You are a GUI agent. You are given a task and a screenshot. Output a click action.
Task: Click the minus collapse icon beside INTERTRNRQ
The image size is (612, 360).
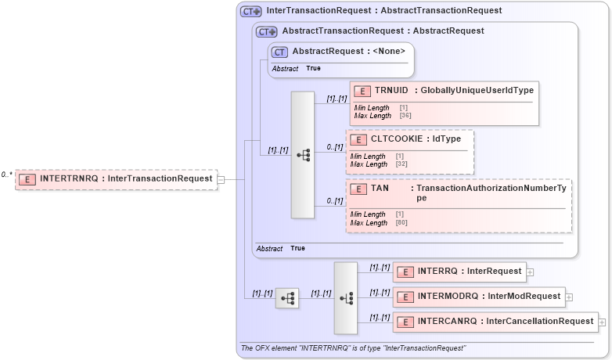[221, 179]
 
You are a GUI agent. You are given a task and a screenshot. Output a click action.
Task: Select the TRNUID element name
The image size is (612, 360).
[391, 91]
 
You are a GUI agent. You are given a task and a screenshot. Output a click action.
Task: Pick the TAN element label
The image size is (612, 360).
[380, 189]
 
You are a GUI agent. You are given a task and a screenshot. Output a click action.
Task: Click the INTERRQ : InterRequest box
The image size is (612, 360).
[459, 272]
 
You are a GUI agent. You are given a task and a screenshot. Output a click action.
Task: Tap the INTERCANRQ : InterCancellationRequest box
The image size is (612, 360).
[495, 322]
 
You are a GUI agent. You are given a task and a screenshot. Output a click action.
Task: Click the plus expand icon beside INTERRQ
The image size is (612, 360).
[530, 272]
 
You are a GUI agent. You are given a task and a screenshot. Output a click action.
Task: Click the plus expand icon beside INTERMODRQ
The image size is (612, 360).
[569, 297]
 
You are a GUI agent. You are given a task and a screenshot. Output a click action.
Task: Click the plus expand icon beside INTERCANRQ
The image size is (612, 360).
[602, 322]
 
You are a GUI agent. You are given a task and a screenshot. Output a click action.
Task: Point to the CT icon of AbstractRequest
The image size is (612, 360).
[279, 52]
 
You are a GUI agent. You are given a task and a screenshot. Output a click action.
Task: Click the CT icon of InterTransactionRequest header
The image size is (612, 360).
[250, 11]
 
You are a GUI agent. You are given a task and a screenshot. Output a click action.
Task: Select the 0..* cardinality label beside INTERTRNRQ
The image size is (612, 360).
[7, 175]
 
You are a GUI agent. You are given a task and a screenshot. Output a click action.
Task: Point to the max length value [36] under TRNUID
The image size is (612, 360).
[405, 116]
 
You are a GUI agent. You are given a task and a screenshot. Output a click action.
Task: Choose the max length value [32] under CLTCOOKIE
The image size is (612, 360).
[402, 164]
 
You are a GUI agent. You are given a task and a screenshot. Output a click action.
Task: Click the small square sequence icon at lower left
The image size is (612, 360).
[287, 297]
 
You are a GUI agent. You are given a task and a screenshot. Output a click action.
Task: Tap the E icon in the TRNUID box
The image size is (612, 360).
[362, 91]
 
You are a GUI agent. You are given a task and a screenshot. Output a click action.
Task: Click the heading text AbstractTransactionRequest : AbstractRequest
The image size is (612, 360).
[383, 31]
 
